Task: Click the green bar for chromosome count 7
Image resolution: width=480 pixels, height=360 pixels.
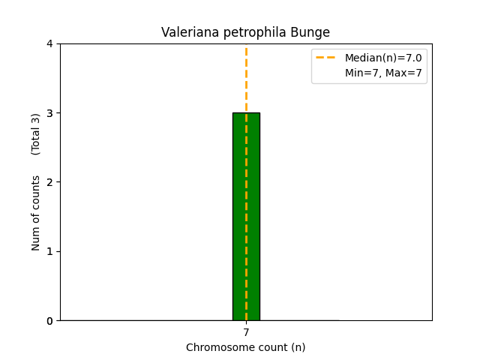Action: tap(246, 217)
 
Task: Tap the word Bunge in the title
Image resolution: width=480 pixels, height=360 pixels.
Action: tap(312, 33)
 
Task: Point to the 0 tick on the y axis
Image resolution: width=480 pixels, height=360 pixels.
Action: tap(50, 321)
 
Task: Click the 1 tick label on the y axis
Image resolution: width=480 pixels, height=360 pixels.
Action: tap(50, 251)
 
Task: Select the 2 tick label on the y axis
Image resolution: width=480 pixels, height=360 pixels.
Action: tap(50, 182)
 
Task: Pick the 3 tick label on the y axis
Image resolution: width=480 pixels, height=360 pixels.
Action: tap(50, 113)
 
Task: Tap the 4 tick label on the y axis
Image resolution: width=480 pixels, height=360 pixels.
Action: tap(50, 43)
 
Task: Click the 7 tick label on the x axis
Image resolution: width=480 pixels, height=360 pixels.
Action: tap(246, 332)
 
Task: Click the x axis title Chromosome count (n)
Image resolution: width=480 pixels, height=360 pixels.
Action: tap(246, 347)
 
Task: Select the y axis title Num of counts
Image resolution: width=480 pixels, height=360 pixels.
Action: tap(36, 213)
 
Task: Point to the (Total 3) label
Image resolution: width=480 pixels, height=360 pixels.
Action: tap(36, 134)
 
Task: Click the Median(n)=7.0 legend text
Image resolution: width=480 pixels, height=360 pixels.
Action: tap(382, 58)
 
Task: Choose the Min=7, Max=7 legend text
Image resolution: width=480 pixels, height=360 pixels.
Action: tap(382, 73)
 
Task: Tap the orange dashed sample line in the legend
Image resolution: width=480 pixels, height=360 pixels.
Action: tap(328, 58)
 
